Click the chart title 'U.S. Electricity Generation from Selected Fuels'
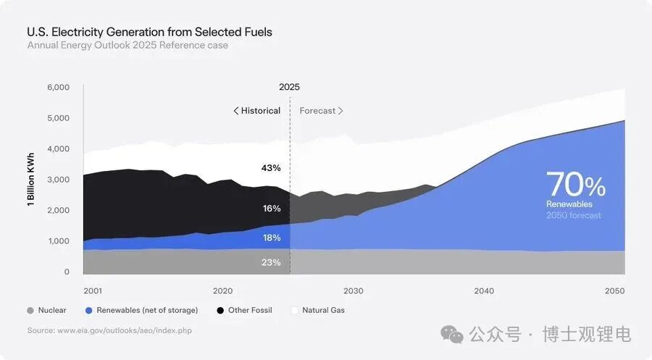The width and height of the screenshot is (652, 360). coord(150,32)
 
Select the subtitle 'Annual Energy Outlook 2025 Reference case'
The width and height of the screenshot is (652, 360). coord(128,46)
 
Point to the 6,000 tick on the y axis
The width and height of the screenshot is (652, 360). coord(57,88)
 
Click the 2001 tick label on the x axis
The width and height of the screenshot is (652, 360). coord(92,291)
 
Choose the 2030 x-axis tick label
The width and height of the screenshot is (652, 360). coord(354,291)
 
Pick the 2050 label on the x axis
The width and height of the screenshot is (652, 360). coord(614,291)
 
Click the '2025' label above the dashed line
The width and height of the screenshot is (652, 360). coord(289,87)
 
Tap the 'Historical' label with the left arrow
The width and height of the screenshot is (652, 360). coord(256,111)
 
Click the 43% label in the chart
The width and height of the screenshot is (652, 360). coord(271,168)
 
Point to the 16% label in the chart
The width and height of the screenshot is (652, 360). coord(272,209)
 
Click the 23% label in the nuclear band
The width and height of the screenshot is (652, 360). coord(271,262)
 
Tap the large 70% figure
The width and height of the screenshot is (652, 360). coord(576,185)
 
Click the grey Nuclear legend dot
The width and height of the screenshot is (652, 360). coord(30,311)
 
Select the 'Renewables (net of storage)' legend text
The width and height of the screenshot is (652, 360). coord(147,311)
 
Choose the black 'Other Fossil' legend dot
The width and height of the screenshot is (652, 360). coord(220,311)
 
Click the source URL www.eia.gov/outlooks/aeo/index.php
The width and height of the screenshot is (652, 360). coord(125,330)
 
